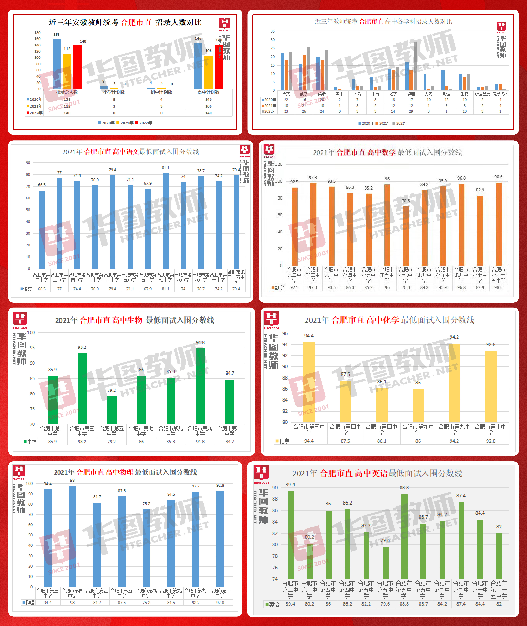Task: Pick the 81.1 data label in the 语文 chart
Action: [x=166, y=168]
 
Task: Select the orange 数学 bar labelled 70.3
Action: [x=406, y=236]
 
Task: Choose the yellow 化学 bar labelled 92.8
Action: [x=490, y=387]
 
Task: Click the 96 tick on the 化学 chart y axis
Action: [x=285, y=333]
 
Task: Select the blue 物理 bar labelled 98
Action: [x=72, y=536]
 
